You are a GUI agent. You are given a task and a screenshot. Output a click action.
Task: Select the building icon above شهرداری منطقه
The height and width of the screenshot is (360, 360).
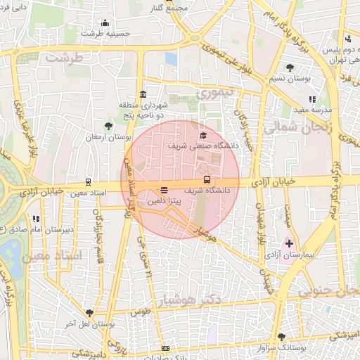143,94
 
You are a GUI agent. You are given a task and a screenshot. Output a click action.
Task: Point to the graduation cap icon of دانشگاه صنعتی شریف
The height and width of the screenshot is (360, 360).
204,135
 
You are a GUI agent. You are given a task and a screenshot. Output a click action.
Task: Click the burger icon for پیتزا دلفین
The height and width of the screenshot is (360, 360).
164,190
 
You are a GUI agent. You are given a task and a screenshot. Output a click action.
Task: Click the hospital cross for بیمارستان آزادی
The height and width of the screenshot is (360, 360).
289,243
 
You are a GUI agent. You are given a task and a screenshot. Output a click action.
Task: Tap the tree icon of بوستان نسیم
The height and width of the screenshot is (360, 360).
290,67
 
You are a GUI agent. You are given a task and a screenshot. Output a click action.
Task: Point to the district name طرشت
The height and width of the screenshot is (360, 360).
65,57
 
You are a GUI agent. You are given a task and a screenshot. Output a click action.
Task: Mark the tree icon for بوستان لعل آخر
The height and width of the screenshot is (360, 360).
89,313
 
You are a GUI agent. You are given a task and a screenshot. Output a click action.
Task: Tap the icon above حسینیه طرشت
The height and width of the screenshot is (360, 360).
105,22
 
